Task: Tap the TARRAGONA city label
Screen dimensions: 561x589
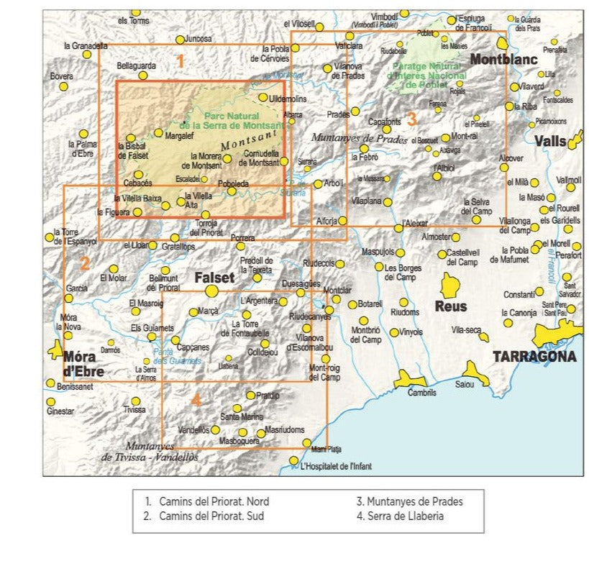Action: tap(534, 356)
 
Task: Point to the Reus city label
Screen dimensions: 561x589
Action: tap(450, 306)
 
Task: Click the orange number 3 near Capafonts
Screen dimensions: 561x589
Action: tap(411, 117)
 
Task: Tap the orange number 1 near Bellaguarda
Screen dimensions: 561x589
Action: tap(181, 62)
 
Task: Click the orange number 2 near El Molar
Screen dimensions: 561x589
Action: tap(84, 263)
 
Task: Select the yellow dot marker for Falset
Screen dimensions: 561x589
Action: tap(211, 291)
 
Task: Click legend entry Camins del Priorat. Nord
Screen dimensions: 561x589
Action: tap(207, 501)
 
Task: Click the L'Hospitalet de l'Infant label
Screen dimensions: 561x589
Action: tap(336, 467)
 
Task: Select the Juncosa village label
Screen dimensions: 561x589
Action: tap(198, 39)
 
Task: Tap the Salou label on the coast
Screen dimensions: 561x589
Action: tap(465, 385)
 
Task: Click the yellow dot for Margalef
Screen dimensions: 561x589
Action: tap(158, 132)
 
